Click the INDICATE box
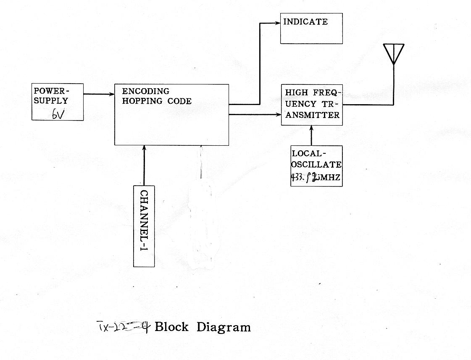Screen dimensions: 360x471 point(311,29)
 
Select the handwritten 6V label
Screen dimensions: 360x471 point(58,114)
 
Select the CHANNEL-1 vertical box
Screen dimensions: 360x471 point(144,226)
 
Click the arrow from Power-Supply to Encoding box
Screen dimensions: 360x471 point(99,94)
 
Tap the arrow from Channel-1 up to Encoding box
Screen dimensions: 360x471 point(144,166)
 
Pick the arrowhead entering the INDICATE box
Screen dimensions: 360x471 point(277,23)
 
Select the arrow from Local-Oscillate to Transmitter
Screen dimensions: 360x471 point(311,135)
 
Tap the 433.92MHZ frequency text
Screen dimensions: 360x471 point(315,178)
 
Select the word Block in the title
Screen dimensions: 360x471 point(171,327)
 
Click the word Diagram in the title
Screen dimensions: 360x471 point(224,327)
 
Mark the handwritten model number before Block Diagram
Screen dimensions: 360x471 point(124,326)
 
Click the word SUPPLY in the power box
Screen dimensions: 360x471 point(51,101)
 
